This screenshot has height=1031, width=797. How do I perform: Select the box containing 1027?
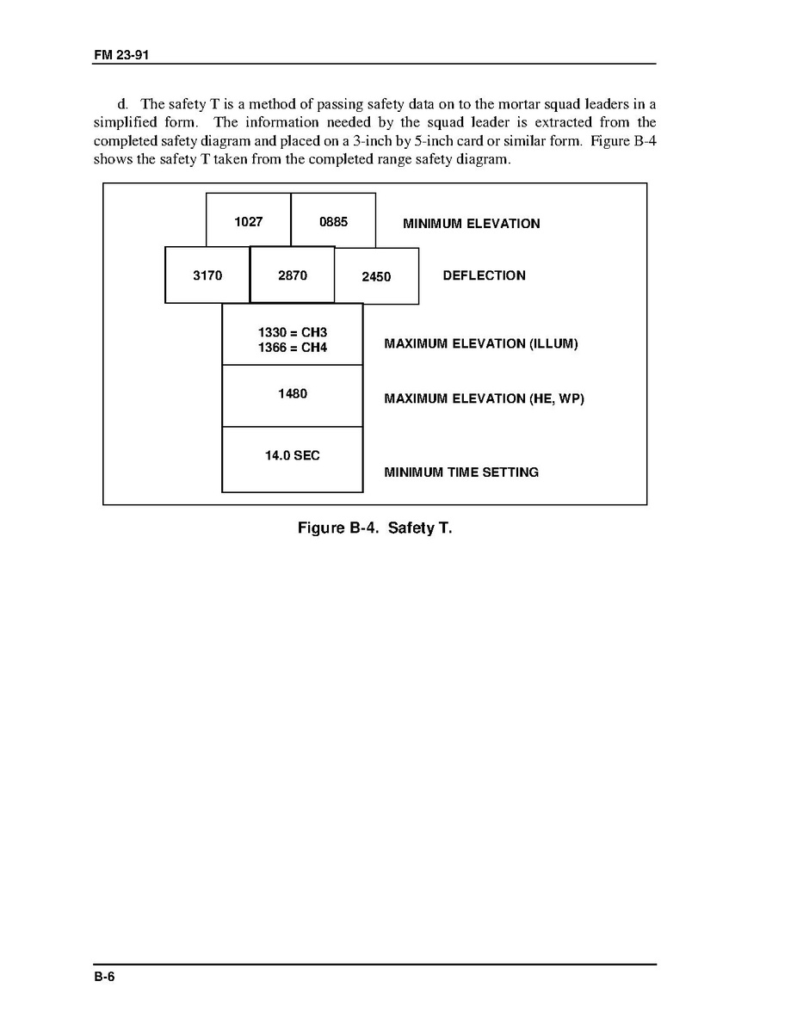[248, 221]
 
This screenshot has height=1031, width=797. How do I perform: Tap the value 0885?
[333, 221]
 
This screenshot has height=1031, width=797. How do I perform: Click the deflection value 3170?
[207, 275]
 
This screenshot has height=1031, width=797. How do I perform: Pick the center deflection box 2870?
[293, 275]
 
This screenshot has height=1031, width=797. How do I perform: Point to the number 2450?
[376, 276]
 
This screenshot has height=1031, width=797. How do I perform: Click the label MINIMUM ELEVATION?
[472, 224]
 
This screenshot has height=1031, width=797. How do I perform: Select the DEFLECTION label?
[484, 275]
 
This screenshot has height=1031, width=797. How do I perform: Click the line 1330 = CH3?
[293, 332]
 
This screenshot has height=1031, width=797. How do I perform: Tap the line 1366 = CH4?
[293, 348]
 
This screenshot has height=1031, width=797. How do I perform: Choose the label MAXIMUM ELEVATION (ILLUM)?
[481, 344]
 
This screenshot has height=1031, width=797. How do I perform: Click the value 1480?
[293, 394]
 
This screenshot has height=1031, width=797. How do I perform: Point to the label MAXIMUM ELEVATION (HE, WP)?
[484, 398]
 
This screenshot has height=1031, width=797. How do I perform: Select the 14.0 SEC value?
[293, 455]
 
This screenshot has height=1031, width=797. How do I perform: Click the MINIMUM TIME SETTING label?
[461, 472]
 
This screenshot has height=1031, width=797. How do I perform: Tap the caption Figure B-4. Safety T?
[374, 528]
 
